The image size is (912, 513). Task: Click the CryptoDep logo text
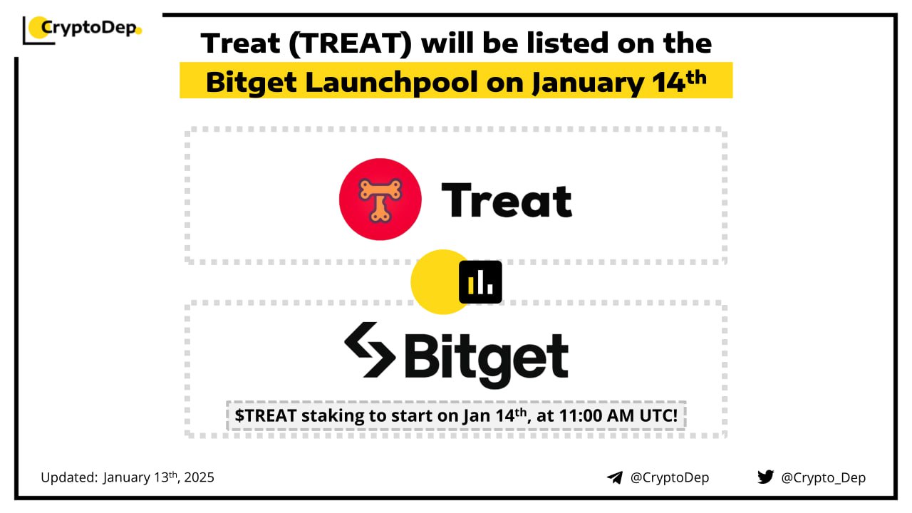click(89, 28)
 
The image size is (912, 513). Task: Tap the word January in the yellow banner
click(588, 83)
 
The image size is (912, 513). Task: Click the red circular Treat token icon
click(380, 199)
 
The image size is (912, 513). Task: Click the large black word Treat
click(507, 200)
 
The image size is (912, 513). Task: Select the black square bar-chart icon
click(480, 282)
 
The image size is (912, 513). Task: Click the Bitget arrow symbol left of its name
click(370, 350)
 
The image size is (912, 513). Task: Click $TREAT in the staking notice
click(266, 415)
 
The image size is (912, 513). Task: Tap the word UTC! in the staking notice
click(658, 415)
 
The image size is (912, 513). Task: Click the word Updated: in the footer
click(69, 477)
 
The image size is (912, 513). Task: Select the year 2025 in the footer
click(199, 477)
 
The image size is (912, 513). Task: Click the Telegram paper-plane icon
click(615, 477)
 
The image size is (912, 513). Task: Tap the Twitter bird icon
click(766, 477)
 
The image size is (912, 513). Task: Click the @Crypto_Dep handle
click(823, 478)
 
